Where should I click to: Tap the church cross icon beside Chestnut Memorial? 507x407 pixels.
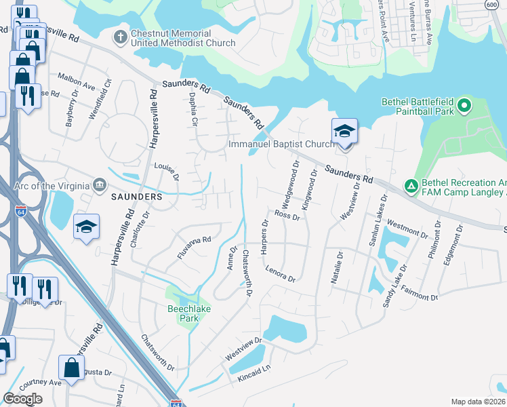[x=121, y=36]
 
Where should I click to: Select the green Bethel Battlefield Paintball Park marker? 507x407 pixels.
[x=464, y=106]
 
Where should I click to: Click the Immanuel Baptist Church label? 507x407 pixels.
[x=281, y=144]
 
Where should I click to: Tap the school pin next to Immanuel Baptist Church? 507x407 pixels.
[x=344, y=132]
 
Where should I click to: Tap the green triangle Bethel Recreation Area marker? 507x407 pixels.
[x=410, y=185]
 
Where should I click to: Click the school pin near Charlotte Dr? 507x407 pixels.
[x=87, y=227]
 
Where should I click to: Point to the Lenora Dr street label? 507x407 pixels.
[x=281, y=273]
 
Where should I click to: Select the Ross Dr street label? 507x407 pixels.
[x=287, y=214]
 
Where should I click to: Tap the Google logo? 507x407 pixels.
[x=22, y=399]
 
